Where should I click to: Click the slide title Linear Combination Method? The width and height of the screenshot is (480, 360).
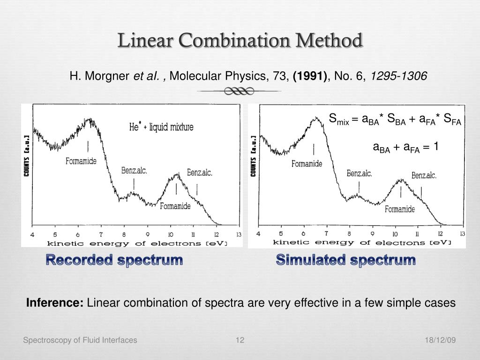click(x=240, y=41)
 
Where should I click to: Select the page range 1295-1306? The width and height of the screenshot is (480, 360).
click(x=399, y=75)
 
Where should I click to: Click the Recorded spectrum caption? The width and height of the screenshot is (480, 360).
click(x=114, y=260)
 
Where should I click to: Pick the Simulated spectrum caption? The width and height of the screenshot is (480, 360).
click(x=346, y=260)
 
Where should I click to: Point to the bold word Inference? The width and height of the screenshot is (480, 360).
click(x=55, y=303)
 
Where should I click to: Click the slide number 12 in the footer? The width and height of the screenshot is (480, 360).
click(x=240, y=340)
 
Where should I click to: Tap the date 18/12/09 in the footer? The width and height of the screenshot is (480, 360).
click(x=440, y=340)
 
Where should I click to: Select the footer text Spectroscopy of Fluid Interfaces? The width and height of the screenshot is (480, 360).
click(x=80, y=340)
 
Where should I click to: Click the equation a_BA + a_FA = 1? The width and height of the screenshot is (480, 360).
click(x=405, y=147)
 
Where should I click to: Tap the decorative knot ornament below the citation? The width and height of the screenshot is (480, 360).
click(x=239, y=91)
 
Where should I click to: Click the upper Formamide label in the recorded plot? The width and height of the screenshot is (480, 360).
click(x=81, y=161)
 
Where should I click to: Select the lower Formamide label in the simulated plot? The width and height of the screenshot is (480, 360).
click(x=400, y=210)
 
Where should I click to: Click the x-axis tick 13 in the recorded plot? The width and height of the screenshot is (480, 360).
click(x=239, y=234)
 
